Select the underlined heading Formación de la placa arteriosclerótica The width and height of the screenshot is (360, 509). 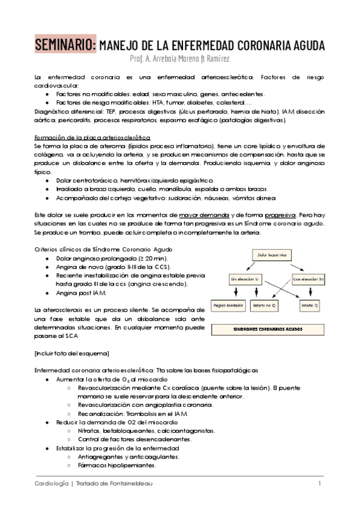(83, 137)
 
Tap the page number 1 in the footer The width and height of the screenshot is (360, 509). (320, 484)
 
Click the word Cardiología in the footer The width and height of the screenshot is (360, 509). (50, 484)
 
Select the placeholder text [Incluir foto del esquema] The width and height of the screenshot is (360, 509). (71, 353)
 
